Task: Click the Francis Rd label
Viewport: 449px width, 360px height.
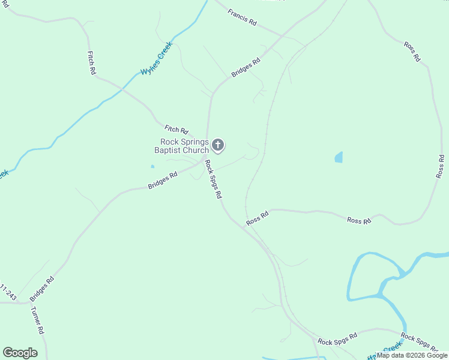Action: [243, 17]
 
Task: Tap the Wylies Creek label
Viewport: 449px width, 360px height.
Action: [157, 58]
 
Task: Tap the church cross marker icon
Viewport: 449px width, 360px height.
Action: [218, 145]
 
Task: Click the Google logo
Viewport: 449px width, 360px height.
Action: [20, 353]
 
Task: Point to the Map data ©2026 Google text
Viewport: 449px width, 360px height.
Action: [412, 355]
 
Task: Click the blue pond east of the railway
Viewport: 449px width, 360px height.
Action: [339, 158]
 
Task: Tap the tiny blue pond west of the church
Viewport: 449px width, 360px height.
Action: [152, 166]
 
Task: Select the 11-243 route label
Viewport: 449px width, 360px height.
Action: [8, 292]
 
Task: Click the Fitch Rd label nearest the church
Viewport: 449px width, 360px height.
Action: [176, 129]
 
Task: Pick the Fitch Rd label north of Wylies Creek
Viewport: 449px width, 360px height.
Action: [92, 62]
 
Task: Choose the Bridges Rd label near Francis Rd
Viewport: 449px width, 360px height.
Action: [246, 67]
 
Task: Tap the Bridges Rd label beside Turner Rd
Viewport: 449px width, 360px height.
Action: [42, 289]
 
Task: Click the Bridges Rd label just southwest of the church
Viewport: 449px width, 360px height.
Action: [163, 181]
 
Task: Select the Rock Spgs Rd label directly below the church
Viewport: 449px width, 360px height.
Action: [213, 179]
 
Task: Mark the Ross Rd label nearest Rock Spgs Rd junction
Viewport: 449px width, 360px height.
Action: [258, 218]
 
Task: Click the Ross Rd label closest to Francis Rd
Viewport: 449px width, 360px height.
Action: [411, 52]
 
